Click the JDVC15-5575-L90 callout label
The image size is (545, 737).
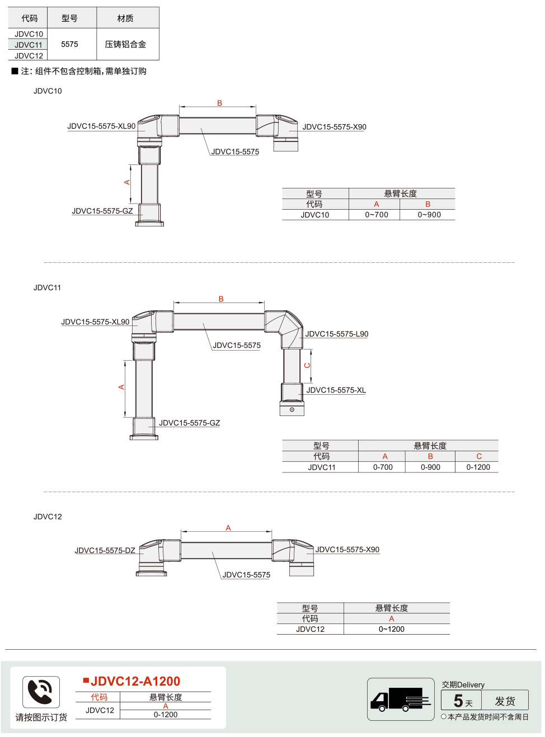coord(336,334)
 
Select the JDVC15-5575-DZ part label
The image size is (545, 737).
coord(105,550)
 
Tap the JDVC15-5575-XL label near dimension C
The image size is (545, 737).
coord(336,390)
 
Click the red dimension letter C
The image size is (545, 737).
coord(307,366)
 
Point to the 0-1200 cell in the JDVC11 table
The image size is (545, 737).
coord(478,467)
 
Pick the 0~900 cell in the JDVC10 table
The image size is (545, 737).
coord(429,215)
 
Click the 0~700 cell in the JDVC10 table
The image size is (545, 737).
coord(377,215)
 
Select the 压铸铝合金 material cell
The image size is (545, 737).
coord(125,44)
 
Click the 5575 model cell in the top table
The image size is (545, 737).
coord(69,44)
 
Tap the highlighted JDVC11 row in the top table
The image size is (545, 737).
coord(29,45)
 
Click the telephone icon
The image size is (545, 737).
coord(41,692)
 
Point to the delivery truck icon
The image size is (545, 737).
coord(400,699)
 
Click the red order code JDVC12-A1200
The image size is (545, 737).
coord(135,682)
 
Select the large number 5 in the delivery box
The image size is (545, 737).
coord(458,701)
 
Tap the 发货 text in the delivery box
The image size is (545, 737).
coord(505,701)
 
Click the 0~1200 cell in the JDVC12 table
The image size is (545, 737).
coord(391,629)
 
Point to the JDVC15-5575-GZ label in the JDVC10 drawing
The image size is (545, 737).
coord(102,211)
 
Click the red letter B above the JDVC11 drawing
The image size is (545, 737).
coord(221,299)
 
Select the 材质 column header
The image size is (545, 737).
coord(125,18)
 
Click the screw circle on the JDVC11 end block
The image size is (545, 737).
coord(292,410)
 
